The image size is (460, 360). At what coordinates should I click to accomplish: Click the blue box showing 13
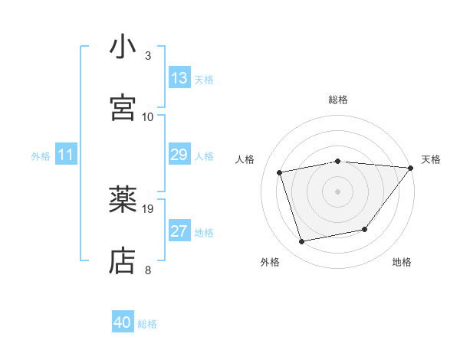(x=179, y=78)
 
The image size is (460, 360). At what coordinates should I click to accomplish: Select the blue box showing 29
(x=179, y=155)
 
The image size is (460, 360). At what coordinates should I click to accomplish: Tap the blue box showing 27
(x=179, y=231)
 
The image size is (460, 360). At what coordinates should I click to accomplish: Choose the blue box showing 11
(x=66, y=155)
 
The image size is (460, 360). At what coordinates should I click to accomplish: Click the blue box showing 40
(x=123, y=322)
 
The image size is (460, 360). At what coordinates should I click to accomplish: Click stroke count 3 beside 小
(x=148, y=56)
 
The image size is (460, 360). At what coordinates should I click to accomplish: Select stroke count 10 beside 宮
(x=148, y=116)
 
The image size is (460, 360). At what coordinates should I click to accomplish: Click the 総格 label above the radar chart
(x=338, y=100)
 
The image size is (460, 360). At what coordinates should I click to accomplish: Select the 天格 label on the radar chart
(x=431, y=159)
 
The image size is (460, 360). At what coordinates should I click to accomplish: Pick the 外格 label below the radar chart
(x=270, y=262)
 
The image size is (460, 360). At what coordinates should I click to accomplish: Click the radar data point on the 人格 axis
(x=281, y=172)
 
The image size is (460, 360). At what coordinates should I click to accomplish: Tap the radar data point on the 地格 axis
(x=365, y=229)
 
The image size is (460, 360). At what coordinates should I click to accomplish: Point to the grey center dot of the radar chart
(x=338, y=191)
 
